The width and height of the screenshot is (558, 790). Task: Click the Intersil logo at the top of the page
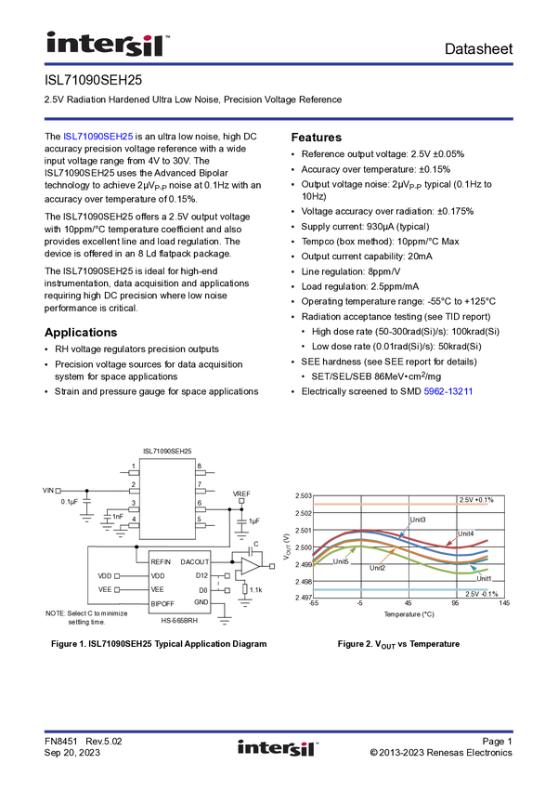pyautogui.click(x=109, y=43)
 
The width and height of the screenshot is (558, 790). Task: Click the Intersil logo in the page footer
pyautogui.click(x=278, y=748)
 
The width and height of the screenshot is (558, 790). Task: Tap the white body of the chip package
pyautogui.click(x=167, y=498)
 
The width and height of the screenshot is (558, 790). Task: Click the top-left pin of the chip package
pyautogui.click(x=134, y=473)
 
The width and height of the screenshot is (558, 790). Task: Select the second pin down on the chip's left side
pyautogui.click(x=134, y=491)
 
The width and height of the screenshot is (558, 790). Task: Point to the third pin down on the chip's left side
pyautogui.click(x=134, y=509)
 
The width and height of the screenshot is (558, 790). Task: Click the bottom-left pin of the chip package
pyautogui.click(x=134, y=527)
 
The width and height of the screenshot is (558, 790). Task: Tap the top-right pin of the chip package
pyautogui.click(x=201, y=473)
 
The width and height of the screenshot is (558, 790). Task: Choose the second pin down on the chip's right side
pyautogui.click(x=201, y=491)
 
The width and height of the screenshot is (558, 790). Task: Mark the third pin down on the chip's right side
pyautogui.click(x=201, y=509)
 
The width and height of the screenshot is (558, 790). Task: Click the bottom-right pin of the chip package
pyautogui.click(x=201, y=527)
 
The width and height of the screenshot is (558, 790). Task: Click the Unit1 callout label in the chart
pyautogui.click(x=485, y=578)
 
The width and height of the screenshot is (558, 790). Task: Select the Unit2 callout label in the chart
pyautogui.click(x=378, y=568)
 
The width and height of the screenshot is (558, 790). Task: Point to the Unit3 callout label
pyautogui.click(x=418, y=520)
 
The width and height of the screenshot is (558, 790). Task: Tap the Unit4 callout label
pyautogui.click(x=466, y=534)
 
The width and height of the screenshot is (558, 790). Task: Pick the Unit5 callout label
pyautogui.click(x=341, y=561)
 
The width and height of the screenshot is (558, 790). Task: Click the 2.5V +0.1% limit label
pyautogui.click(x=476, y=501)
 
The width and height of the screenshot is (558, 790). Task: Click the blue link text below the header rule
pyautogui.click(x=98, y=137)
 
